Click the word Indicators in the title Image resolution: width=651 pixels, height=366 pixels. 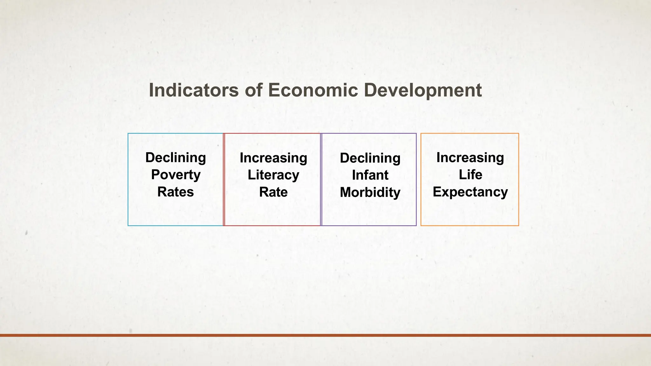[193, 90]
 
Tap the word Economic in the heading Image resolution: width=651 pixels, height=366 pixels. [313, 90]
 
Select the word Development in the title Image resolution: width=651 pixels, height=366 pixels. [423, 91]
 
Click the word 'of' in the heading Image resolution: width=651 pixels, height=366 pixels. [253, 90]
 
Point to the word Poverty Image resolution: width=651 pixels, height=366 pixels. [175, 175]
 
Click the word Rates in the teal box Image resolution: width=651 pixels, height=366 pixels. [175, 192]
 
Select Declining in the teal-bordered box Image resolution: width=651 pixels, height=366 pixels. [175, 158]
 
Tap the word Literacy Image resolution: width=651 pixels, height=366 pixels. [273, 175]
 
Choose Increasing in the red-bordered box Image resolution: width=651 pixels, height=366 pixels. [273, 158]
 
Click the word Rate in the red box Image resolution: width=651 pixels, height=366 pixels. [273, 192]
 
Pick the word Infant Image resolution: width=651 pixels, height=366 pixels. [370, 175]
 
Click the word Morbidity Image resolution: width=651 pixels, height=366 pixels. [370, 193]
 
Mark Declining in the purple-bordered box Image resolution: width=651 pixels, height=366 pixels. [370, 158]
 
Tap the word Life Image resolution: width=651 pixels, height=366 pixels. [470, 175]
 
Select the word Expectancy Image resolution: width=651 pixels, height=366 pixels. [470, 192]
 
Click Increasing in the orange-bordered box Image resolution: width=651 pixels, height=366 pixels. [470, 158]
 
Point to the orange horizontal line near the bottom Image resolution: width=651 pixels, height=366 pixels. [325, 335]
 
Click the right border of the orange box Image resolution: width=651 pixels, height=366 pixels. [518, 180]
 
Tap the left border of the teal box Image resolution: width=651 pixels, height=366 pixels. [128, 180]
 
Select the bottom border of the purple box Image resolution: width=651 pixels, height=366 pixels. [369, 226]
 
